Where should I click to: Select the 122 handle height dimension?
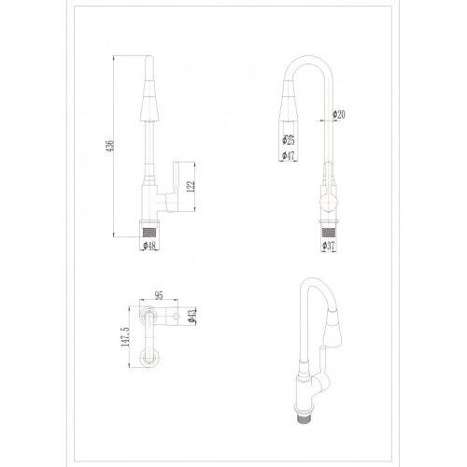pos(191,187)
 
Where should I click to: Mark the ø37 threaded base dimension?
pos(328,246)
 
